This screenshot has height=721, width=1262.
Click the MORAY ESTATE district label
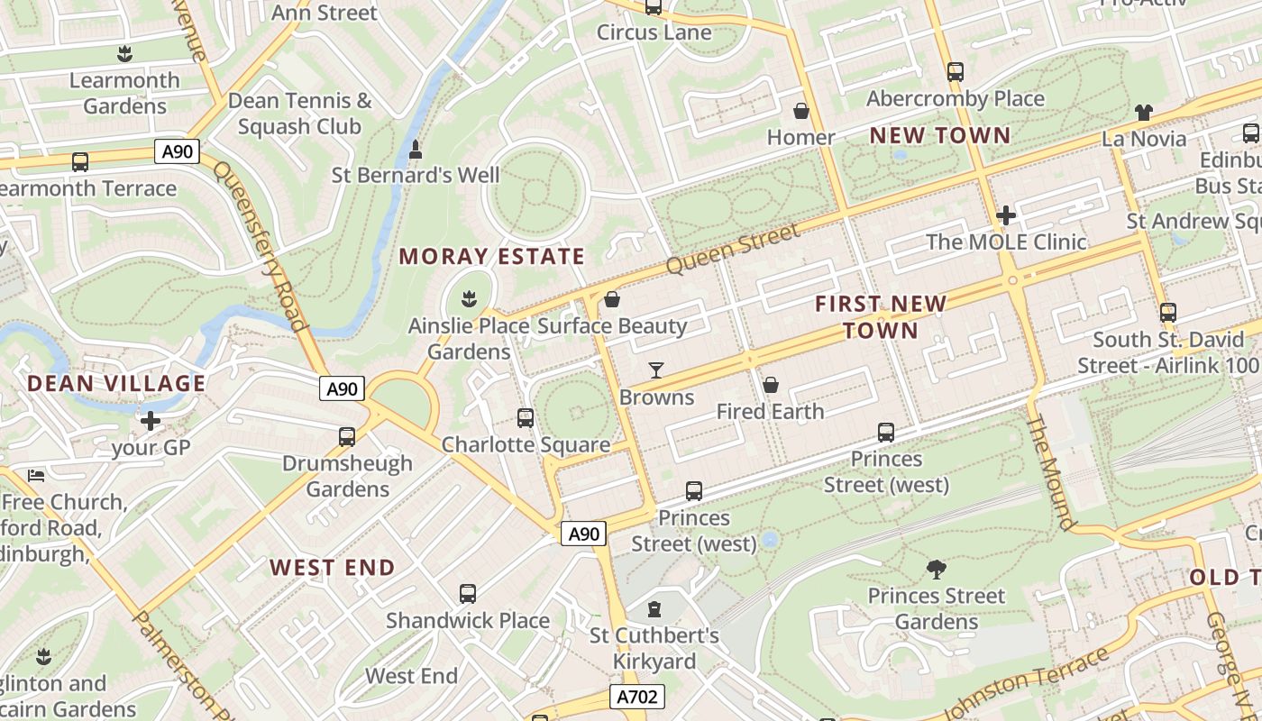tap(492, 257)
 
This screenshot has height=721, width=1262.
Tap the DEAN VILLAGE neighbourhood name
tap(116, 384)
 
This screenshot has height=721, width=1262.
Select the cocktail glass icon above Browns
tap(656, 370)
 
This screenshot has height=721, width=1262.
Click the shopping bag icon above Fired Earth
tap(771, 385)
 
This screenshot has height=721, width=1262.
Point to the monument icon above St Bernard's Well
tap(416, 149)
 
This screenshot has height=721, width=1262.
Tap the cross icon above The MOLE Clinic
tap(1006, 215)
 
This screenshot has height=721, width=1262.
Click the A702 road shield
tap(638, 697)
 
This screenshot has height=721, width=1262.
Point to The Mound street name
tap(1051, 472)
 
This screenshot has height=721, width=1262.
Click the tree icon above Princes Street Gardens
tap(937, 569)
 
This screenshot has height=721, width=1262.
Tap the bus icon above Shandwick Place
tap(467, 594)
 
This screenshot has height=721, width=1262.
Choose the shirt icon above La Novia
tap(1144, 113)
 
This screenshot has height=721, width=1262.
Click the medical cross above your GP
tap(151, 421)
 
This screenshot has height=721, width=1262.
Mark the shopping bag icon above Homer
tap(800, 111)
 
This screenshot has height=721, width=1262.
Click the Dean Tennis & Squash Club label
tap(299, 114)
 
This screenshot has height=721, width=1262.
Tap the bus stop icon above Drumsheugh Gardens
tap(347, 437)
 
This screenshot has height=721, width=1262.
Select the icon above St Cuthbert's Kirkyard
tap(654, 609)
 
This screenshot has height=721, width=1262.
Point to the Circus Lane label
tap(654, 32)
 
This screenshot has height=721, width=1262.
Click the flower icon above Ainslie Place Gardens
tap(469, 297)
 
